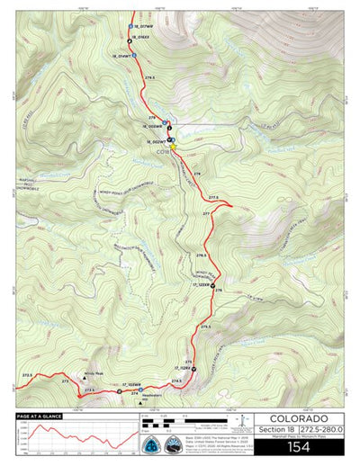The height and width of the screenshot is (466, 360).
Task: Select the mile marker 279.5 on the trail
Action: pyautogui.click(x=149, y=78)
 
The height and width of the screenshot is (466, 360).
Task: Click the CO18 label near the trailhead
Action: pyautogui.click(x=162, y=150)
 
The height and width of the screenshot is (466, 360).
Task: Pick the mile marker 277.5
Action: pyautogui.click(x=213, y=196)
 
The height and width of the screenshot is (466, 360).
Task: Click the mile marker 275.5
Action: pyautogui.click(x=206, y=327)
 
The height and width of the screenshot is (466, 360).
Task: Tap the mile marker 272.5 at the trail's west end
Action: pyautogui.click(x=27, y=375)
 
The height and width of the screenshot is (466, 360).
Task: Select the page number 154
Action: pyautogui.click(x=302, y=446)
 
